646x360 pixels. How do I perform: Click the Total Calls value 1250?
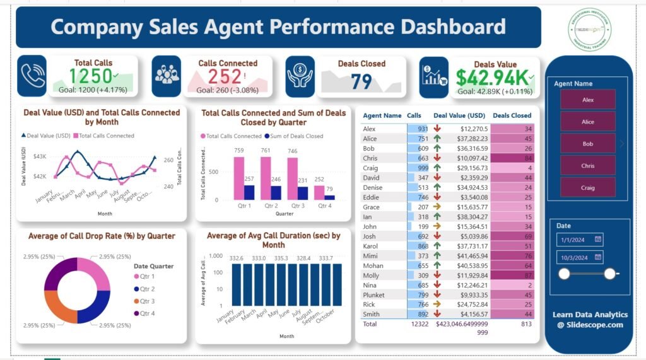pyautogui.click(x=91, y=76)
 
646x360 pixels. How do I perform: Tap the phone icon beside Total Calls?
pyautogui.click(x=32, y=76)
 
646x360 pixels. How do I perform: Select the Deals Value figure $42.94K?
pyautogui.click(x=491, y=78)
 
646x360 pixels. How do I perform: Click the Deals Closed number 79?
pyautogui.click(x=361, y=82)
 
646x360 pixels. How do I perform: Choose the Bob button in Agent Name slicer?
pyautogui.click(x=587, y=144)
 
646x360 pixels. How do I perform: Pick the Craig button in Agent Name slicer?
pyautogui.click(x=587, y=187)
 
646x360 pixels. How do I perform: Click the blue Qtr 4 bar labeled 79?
pyautogui.click(x=331, y=197)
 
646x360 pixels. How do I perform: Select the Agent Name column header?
pyautogui.click(x=382, y=115)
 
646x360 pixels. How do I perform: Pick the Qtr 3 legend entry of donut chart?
pyautogui.click(x=147, y=301)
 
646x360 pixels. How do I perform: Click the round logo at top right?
pyautogui.click(x=588, y=29)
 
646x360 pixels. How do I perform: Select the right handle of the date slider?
pyautogui.click(x=609, y=273)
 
